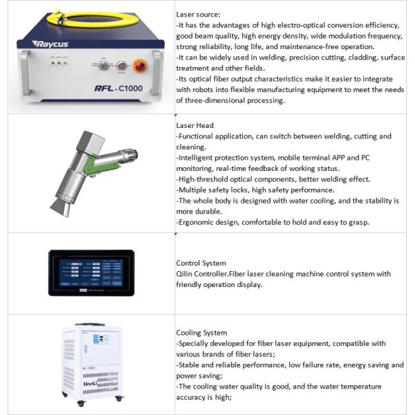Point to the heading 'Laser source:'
(x=199, y=14)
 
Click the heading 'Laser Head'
(x=195, y=126)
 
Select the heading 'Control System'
(x=201, y=263)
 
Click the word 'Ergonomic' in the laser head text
(x=199, y=222)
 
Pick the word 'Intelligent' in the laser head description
(x=199, y=158)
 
